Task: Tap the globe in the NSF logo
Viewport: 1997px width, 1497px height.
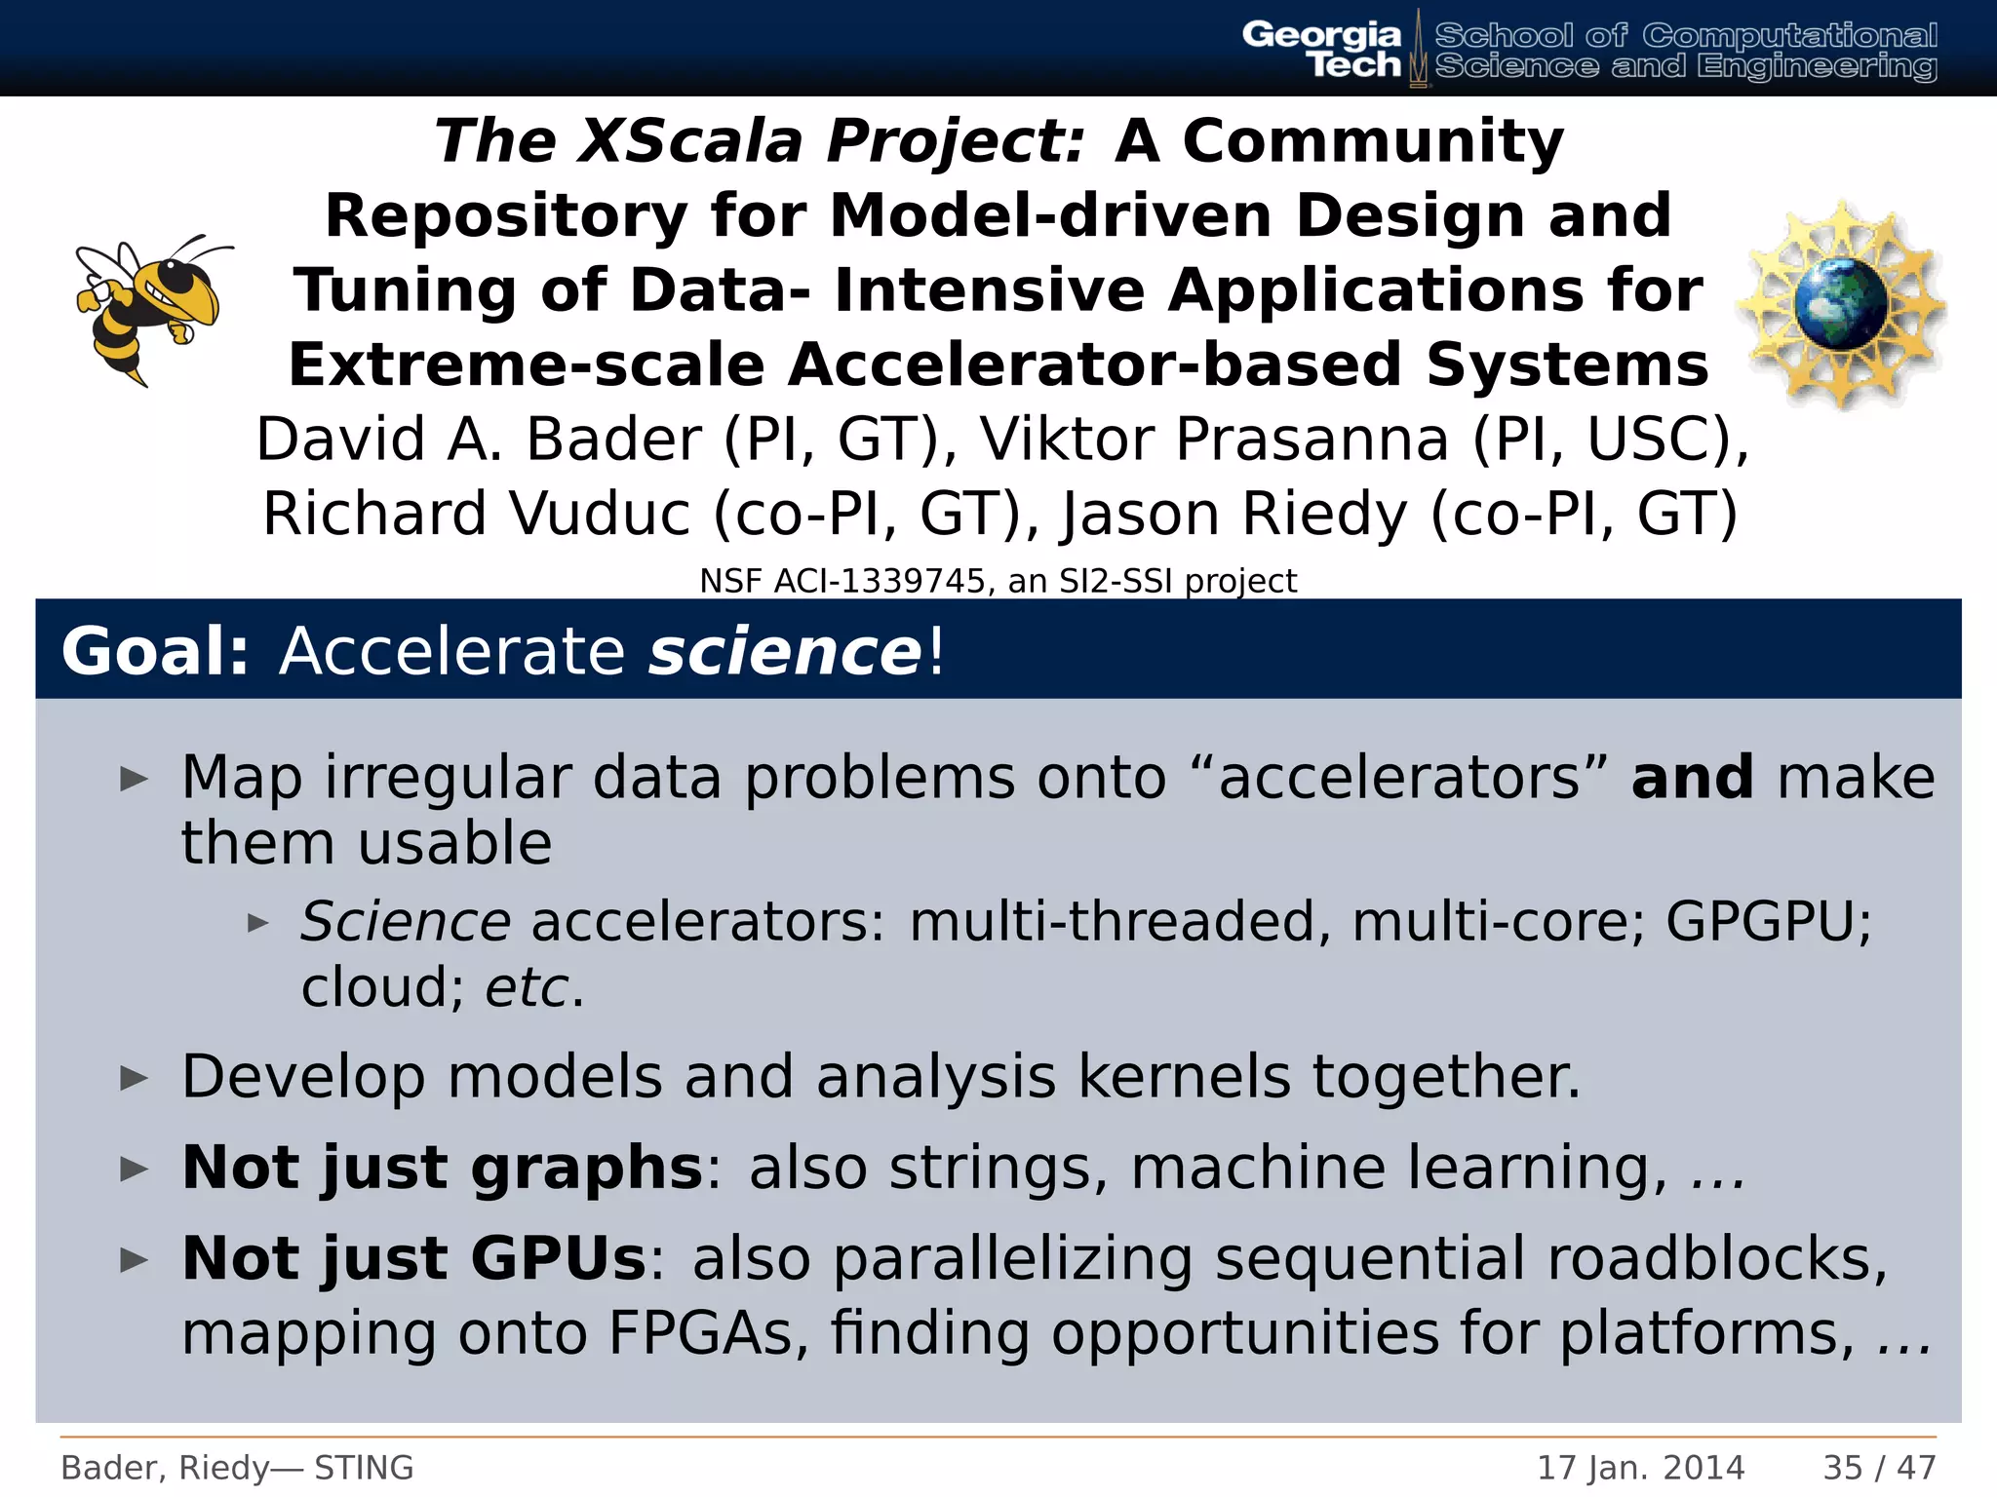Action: pos(1839,304)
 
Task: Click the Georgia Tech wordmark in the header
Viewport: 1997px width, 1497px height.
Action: pos(1321,49)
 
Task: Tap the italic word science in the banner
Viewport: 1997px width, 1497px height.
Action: pos(783,651)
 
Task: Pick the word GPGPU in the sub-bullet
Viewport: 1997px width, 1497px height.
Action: pos(1767,921)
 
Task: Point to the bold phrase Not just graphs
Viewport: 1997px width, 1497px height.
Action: pos(442,1168)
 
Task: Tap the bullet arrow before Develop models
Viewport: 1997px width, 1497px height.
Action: pos(134,1078)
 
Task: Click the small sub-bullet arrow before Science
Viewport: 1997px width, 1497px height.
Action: pos(257,922)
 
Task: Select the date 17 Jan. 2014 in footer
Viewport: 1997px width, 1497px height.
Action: pos(1640,1467)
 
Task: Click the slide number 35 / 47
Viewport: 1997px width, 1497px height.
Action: pos(1879,1467)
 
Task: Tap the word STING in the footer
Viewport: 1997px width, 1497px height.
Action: pos(364,1467)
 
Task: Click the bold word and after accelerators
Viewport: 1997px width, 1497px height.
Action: pos(1692,778)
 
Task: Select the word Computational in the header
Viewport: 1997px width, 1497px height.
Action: pos(1789,36)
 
